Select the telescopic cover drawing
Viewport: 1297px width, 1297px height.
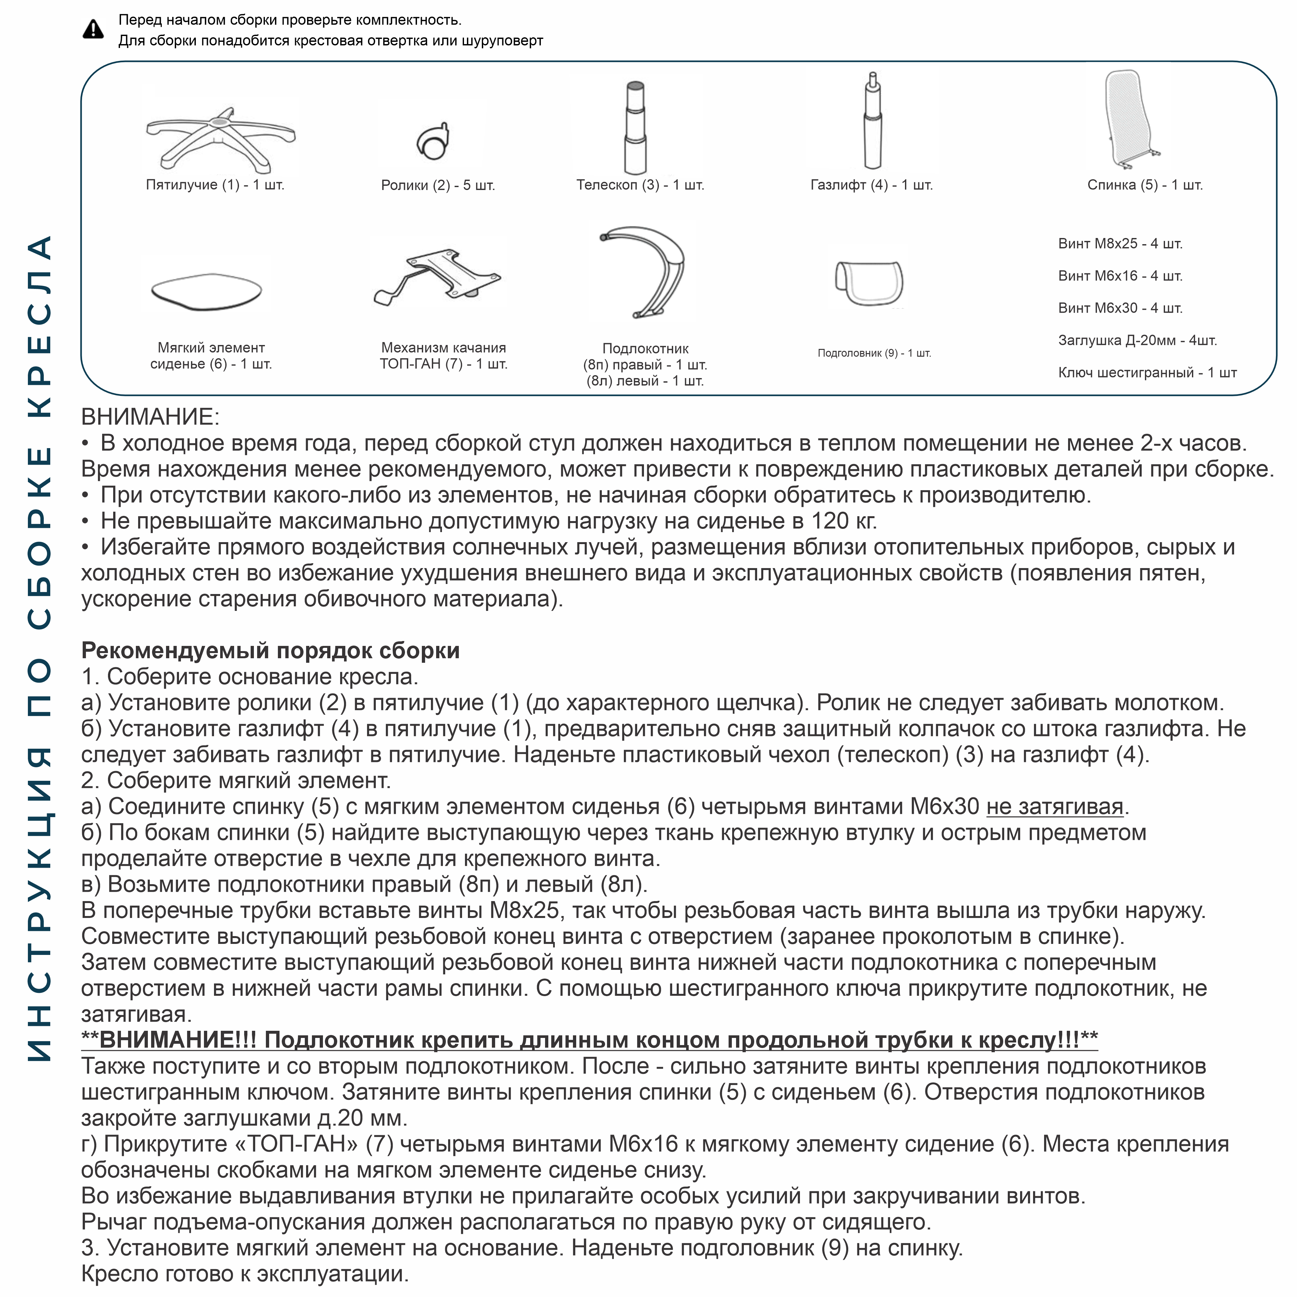pos(635,127)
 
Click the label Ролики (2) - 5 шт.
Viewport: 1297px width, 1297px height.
pos(438,185)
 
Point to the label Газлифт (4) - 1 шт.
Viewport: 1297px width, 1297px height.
pos(871,185)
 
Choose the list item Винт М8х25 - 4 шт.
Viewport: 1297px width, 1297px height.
pos(1120,244)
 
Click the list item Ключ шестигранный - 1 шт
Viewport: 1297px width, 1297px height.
pos(1147,373)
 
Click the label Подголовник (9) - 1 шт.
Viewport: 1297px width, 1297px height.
pos(874,353)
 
